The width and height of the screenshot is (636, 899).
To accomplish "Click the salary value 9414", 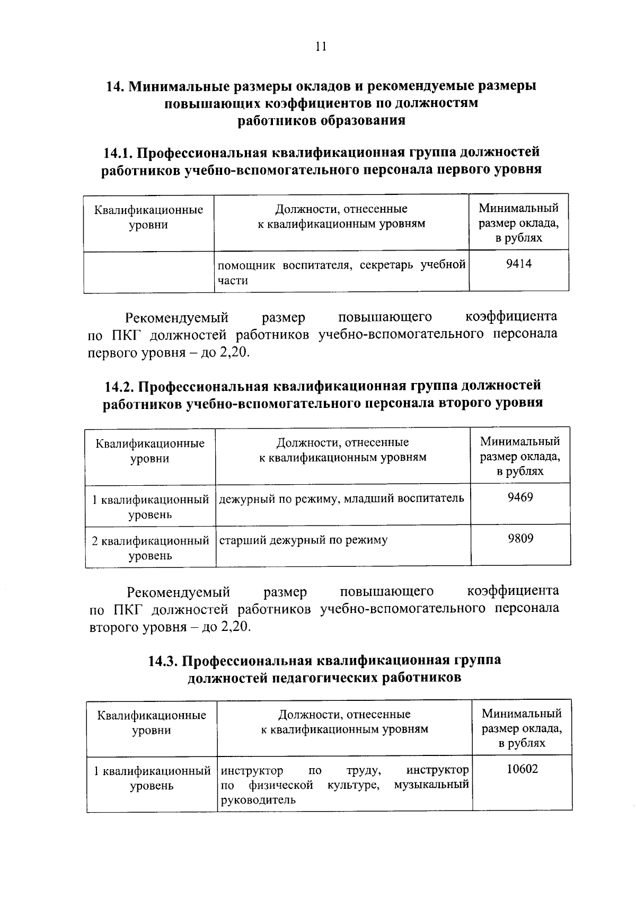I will coord(519,263).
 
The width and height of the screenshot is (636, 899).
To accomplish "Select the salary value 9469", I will coord(520,497).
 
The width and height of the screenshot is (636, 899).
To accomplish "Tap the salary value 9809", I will coord(520,538).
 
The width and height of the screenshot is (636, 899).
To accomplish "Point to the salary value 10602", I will coord(522,769).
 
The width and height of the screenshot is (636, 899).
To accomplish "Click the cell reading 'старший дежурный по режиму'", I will coord(303,540).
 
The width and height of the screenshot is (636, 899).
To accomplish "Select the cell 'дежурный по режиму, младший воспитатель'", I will coord(341,498).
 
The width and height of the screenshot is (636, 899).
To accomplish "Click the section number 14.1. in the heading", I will coord(119,153).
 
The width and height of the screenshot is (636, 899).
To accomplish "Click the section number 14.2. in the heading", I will coord(120,386).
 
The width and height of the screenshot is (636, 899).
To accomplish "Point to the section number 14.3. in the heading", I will coord(164,661).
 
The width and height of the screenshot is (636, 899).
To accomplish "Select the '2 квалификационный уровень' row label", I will coord(150,548).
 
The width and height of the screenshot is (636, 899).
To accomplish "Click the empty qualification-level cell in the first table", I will coord(148,271).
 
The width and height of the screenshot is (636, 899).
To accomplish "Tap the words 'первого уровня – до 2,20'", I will coord(168,353).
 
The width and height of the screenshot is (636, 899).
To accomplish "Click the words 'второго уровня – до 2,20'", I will coord(170,627).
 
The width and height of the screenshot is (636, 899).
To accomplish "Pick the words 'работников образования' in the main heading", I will coord(321,120).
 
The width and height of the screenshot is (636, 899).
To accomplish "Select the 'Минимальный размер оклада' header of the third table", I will coord(522,728).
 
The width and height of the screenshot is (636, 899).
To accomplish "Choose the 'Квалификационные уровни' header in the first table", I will coord(148,217).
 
